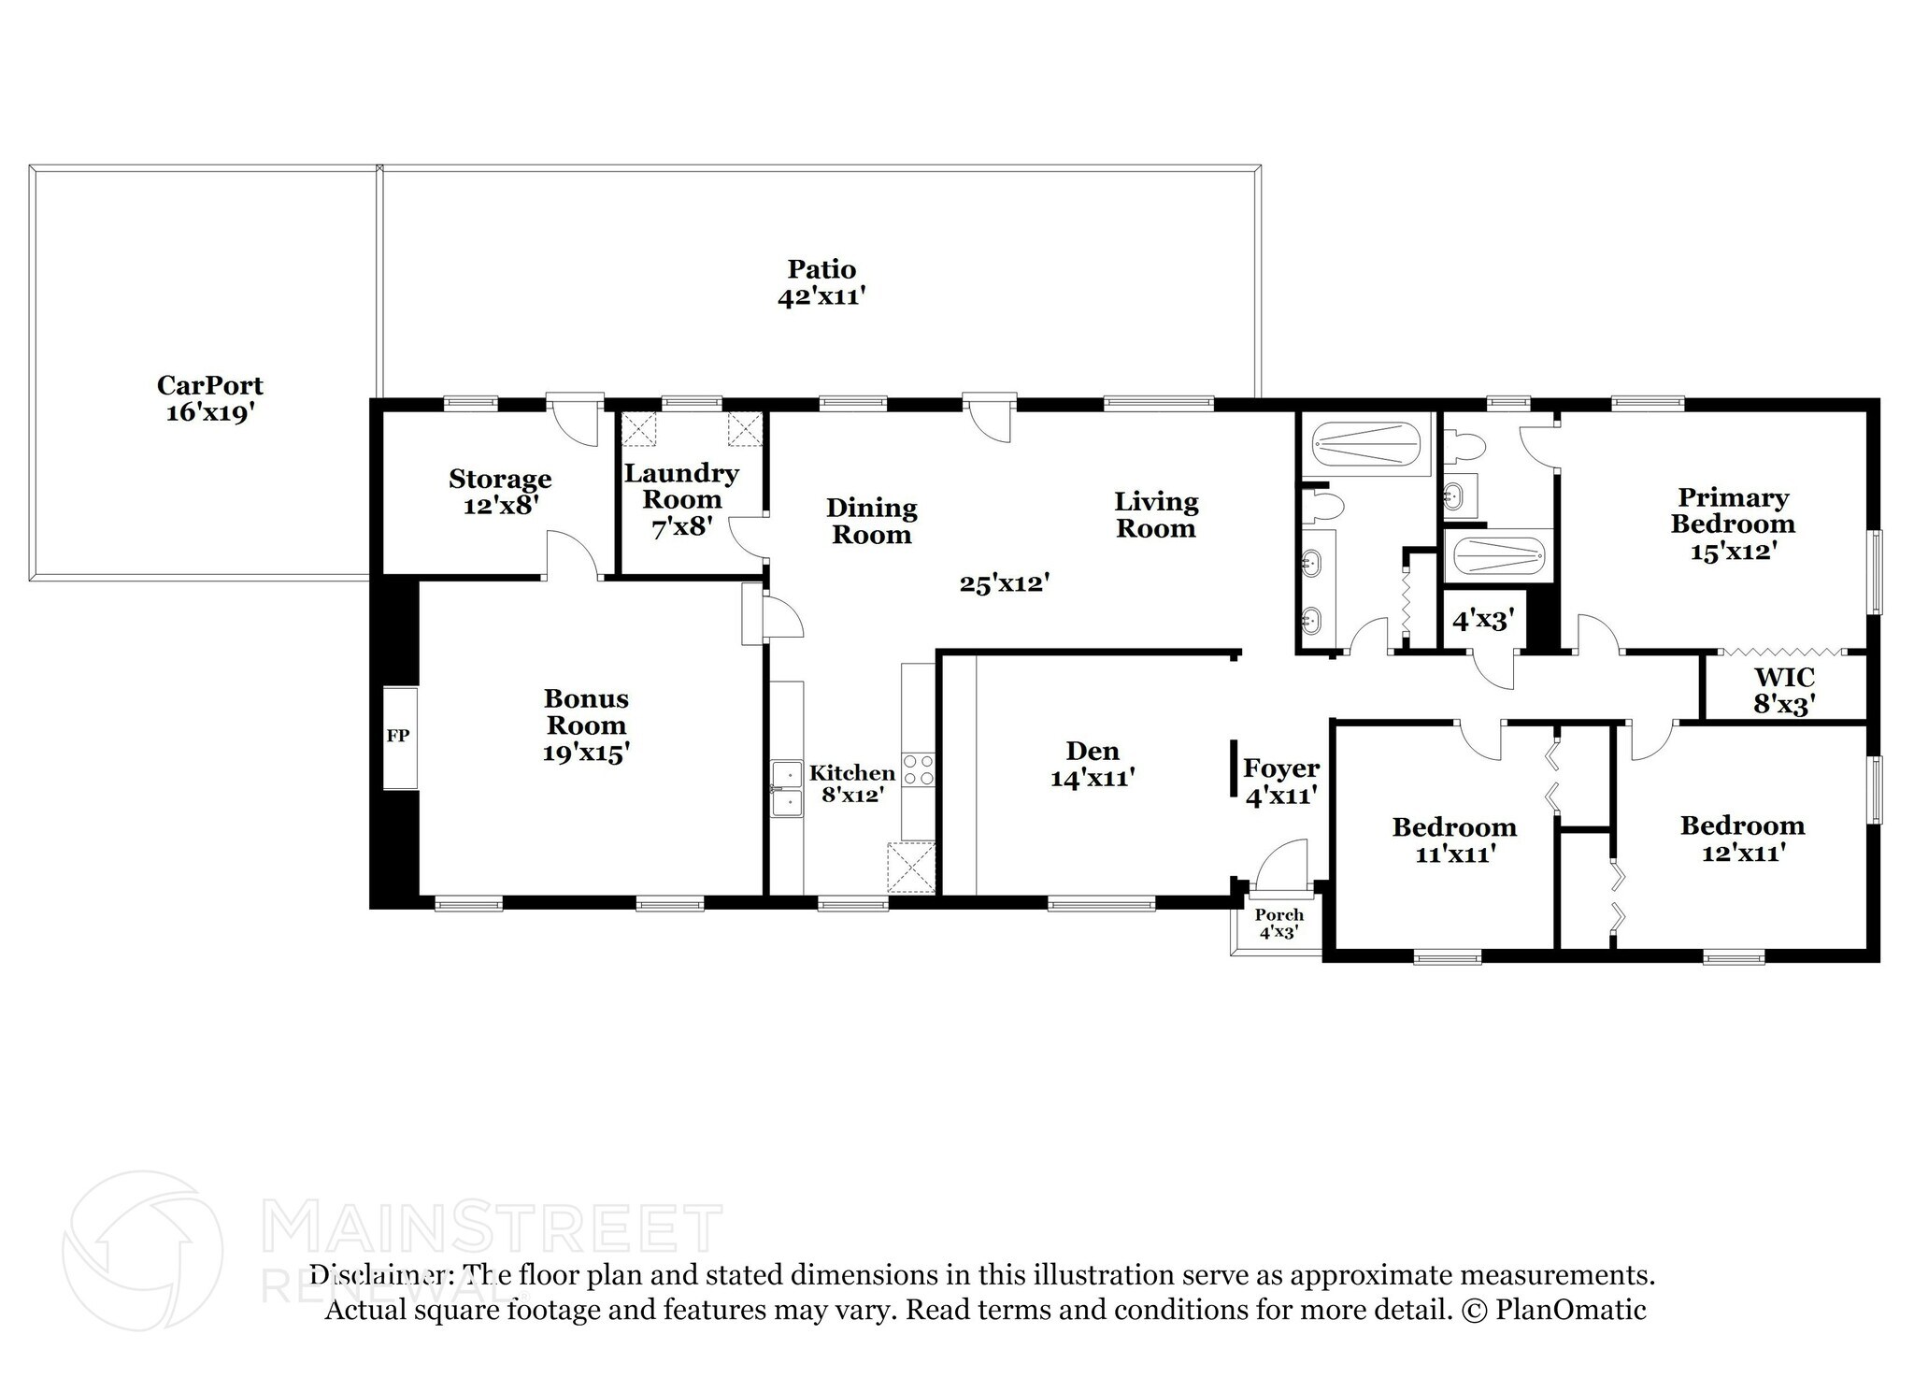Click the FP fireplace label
[398, 736]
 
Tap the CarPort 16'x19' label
[210, 398]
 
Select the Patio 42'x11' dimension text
[821, 296]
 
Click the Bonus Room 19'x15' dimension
[586, 753]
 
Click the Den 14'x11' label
[1093, 764]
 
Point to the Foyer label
[1281, 768]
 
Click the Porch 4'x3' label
[1278, 924]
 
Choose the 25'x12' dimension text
[1005, 584]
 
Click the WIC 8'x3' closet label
[1784, 691]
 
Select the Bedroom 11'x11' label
[1454, 840]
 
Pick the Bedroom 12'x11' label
[1742, 839]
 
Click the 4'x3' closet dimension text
[1483, 620]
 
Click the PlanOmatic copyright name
[1571, 1310]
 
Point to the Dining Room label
[872, 522]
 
